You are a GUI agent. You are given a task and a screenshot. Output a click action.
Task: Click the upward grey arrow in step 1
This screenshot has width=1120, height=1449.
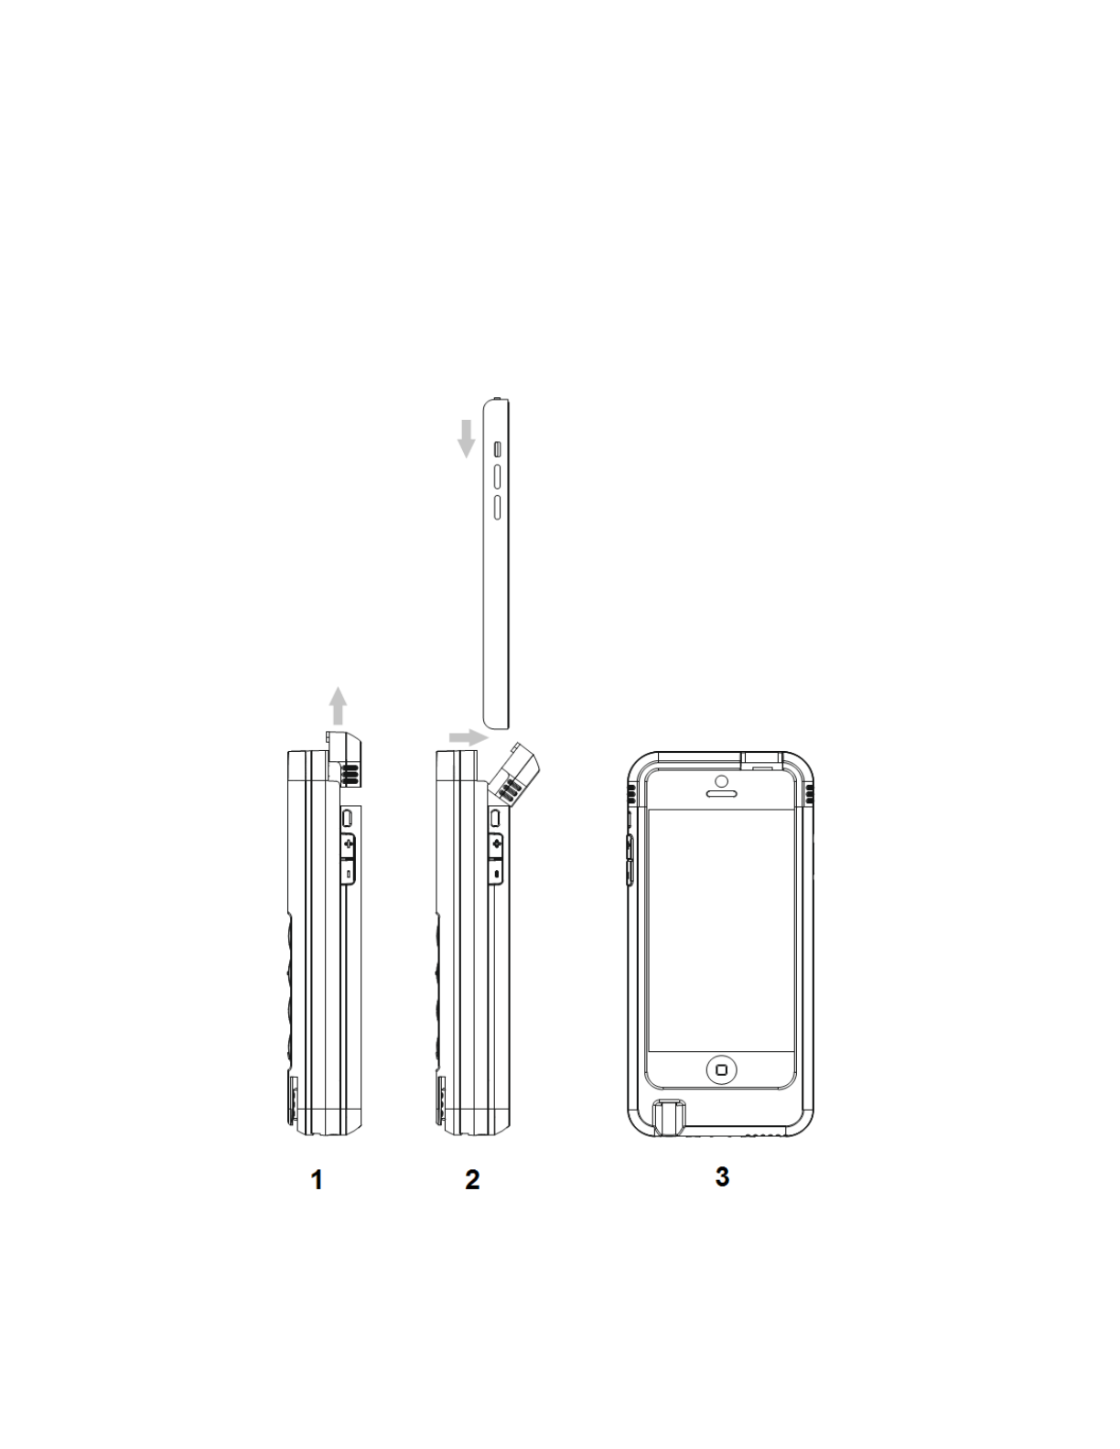339,705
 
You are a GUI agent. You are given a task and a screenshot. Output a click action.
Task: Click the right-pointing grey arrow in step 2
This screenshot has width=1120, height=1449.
468,736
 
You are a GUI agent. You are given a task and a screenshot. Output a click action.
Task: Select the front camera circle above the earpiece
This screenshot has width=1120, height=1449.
721,781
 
